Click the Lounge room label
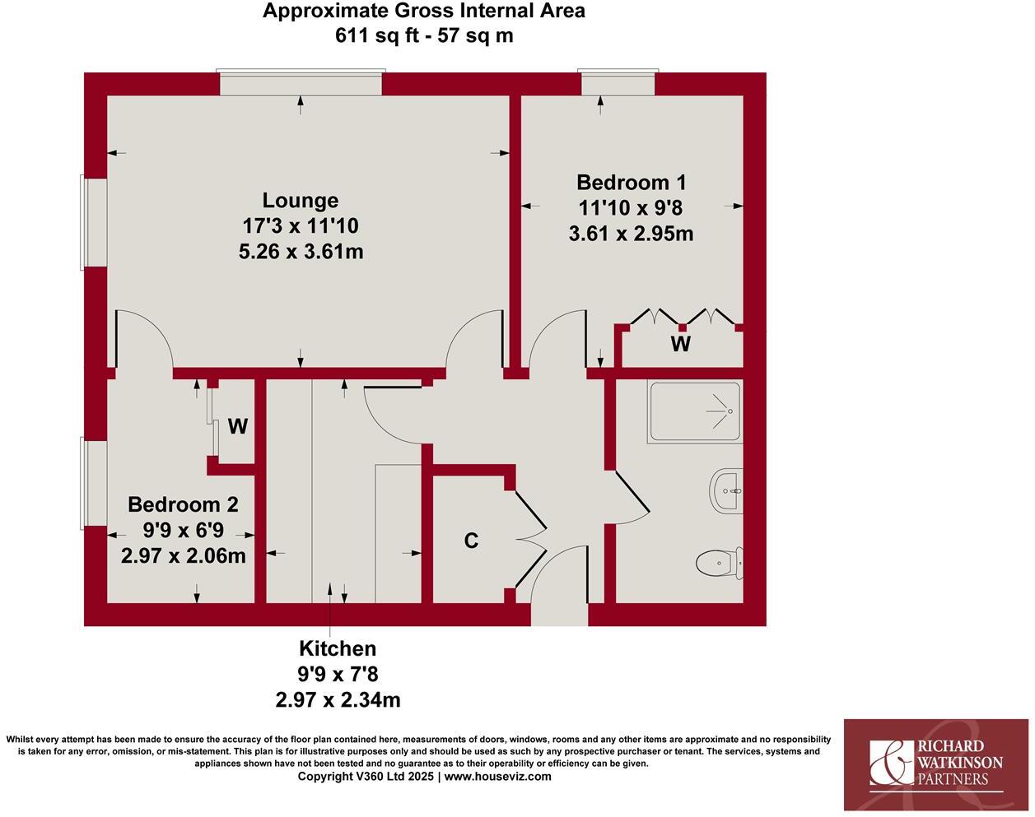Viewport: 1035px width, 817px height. click(x=301, y=200)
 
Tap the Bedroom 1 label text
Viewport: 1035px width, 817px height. click(x=631, y=182)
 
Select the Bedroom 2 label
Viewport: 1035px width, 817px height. click(x=183, y=504)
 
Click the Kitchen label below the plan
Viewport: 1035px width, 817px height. click(x=338, y=648)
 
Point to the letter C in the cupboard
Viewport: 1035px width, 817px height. click(x=471, y=541)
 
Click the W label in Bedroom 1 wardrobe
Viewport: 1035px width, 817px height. click(x=680, y=343)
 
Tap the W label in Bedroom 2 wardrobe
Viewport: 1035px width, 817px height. click(x=237, y=426)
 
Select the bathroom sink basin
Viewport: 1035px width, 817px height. click(x=725, y=491)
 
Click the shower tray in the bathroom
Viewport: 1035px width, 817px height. click(x=694, y=411)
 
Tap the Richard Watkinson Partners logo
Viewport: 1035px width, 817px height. click(x=937, y=764)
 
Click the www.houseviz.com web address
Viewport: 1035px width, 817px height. click(x=498, y=777)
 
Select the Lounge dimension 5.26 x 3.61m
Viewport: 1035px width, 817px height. click(x=301, y=252)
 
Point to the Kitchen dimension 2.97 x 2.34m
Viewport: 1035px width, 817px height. click(x=338, y=700)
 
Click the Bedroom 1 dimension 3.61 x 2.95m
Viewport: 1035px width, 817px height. click(x=631, y=234)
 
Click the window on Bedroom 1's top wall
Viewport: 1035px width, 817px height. click(x=618, y=83)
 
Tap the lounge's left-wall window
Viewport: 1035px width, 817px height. click(x=94, y=221)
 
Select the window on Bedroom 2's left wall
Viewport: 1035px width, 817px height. click(x=94, y=483)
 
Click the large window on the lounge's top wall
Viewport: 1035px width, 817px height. click(x=301, y=83)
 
